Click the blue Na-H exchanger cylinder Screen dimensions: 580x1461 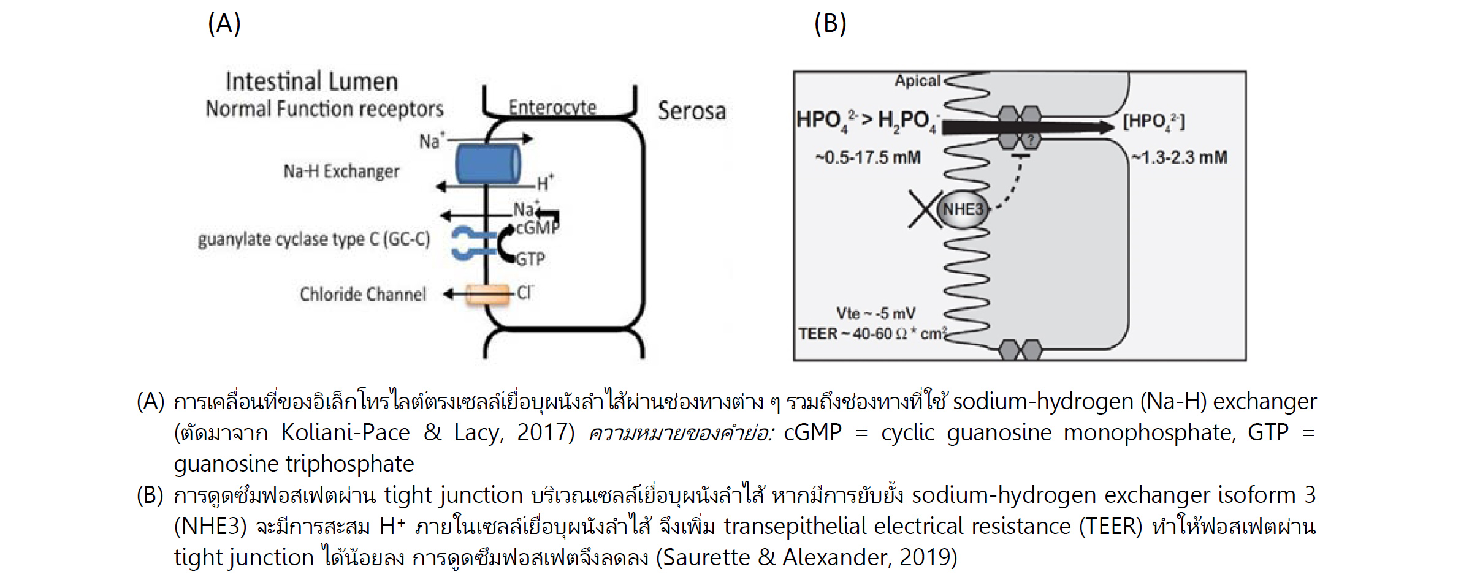point(487,164)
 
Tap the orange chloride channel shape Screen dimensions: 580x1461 point(487,295)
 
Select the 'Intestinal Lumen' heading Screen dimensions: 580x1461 point(311,81)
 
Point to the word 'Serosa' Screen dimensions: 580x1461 point(692,111)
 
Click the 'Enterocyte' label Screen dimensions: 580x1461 point(552,107)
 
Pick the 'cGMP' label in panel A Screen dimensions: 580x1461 point(538,228)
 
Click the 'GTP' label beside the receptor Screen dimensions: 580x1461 point(530,259)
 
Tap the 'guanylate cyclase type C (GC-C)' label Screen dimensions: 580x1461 point(314,239)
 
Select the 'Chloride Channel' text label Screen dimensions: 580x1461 point(362,295)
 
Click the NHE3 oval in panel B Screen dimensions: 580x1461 point(963,209)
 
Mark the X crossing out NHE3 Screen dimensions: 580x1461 point(924,209)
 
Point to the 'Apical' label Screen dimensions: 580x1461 point(917,81)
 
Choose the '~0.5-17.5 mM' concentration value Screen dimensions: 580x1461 point(868,158)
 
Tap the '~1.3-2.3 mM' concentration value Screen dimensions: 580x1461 point(1179,158)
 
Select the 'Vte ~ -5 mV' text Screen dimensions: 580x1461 point(875,314)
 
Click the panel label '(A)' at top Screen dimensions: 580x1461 point(224,24)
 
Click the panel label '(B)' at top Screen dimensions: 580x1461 point(830,24)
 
